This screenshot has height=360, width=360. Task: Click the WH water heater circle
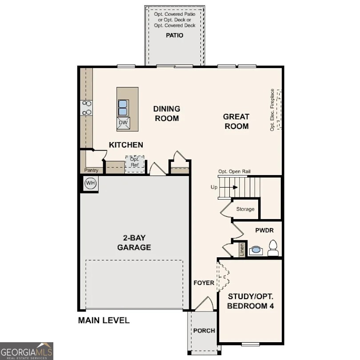pyautogui.click(x=90, y=183)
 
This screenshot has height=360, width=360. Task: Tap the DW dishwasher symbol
pyautogui.click(x=123, y=123)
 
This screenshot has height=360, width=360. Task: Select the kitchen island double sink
pyautogui.click(x=123, y=108)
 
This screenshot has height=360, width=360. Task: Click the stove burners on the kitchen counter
pyautogui.click(x=86, y=108)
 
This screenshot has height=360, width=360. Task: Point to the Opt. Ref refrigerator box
pyautogui.click(x=135, y=164)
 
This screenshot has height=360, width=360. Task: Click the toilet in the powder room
pyautogui.click(x=273, y=249)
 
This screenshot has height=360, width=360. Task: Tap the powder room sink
pyautogui.click(x=256, y=250)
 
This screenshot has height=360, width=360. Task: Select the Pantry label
pyautogui.click(x=91, y=170)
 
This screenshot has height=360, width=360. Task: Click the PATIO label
pyautogui.click(x=175, y=35)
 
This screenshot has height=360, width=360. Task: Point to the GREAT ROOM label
pyautogui.click(x=236, y=121)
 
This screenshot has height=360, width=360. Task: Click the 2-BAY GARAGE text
pyautogui.click(x=134, y=243)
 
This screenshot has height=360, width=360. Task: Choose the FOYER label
pyautogui.click(x=204, y=283)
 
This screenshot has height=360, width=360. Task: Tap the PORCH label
pyautogui.click(x=204, y=331)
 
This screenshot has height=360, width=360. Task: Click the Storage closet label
pyautogui.click(x=245, y=209)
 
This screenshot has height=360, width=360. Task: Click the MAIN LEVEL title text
pyautogui.click(x=104, y=320)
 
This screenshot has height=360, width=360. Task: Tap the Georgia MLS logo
pyautogui.click(x=27, y=351)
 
